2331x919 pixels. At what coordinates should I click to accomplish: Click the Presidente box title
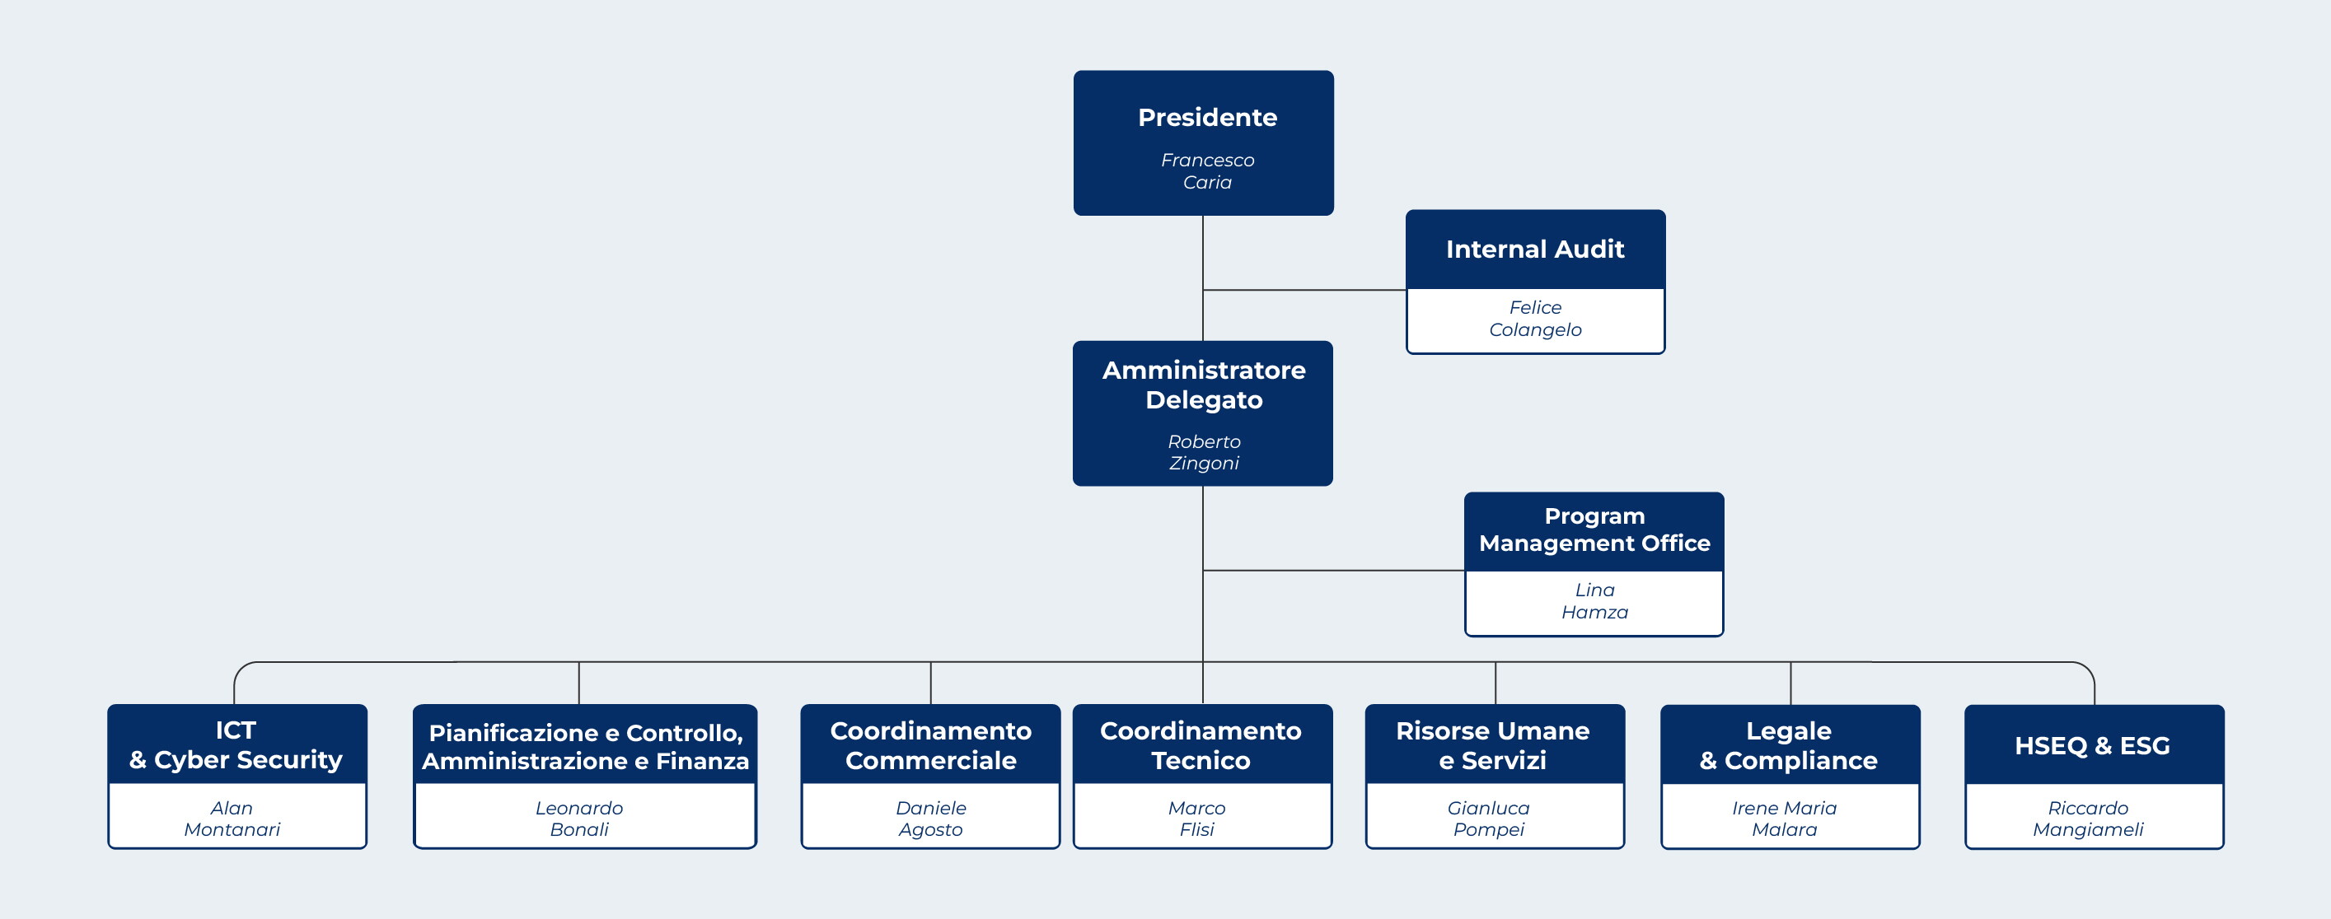coord(1207,118)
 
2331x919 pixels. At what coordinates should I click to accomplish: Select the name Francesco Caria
coord(1207,171)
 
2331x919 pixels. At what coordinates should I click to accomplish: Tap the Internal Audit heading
coord(1535,249)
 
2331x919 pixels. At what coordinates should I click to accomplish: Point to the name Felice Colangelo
coord(1535,319)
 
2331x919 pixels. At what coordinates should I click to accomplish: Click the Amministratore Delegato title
coord(1204,385)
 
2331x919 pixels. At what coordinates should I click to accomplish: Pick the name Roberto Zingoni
coord(1204,452)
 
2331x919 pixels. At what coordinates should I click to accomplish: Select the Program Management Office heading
coord(1594,529)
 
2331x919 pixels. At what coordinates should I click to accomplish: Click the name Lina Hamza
coord(1594,600)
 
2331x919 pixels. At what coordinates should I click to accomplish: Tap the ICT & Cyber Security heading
coord(236,744)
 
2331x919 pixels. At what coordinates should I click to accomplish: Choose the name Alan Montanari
coord(232,819)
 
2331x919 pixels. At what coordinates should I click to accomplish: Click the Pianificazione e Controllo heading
coord(586,746)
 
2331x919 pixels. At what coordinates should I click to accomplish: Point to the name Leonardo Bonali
coord(579,819)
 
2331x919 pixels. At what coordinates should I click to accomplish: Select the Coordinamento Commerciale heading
coord(930,745)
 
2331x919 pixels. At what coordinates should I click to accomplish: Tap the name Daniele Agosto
coord(930,819)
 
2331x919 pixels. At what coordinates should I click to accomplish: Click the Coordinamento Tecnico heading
coord(1201,745)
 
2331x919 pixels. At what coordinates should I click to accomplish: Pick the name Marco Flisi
coord(1196,819)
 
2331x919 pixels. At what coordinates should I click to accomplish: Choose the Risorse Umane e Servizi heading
coord(1492,745)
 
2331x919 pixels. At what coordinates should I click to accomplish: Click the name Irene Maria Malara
coord(1784,819)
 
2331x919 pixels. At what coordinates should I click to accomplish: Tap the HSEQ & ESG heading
coord(2092,745)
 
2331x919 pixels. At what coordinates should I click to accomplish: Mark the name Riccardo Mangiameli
coord(2088,819)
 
